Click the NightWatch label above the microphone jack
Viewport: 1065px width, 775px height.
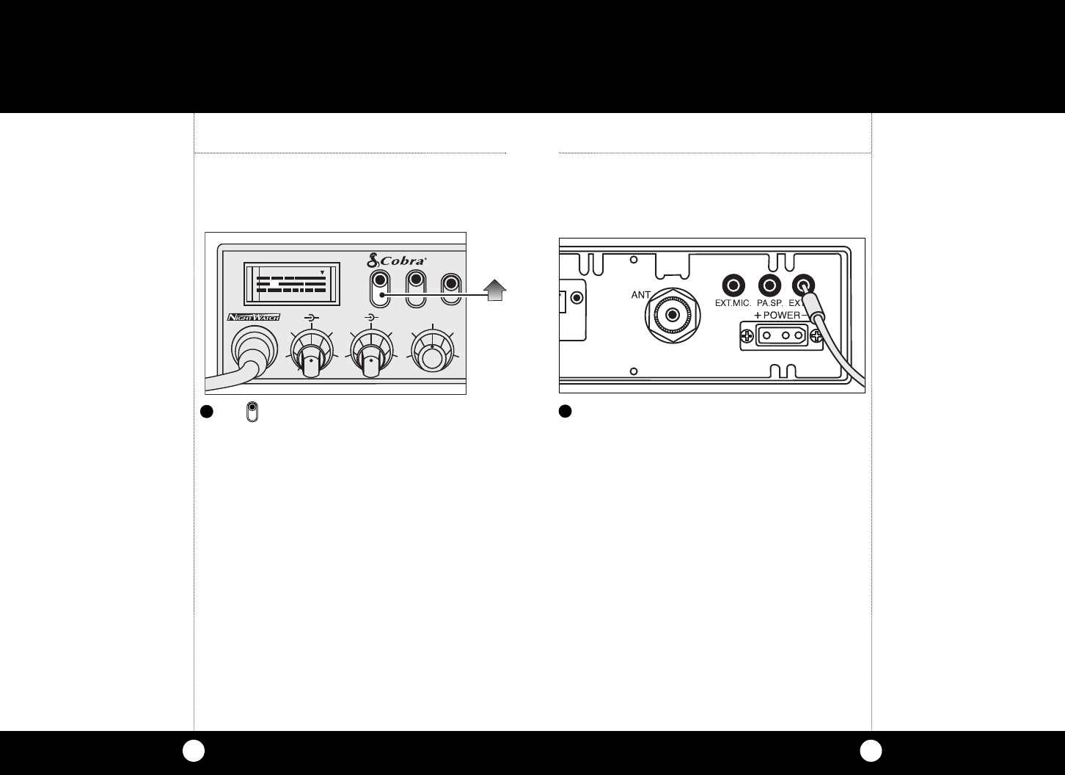[x=253, y=317]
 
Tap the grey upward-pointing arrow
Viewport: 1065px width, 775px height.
[x=496, y=291]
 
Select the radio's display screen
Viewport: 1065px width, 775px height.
[x=292, y=283]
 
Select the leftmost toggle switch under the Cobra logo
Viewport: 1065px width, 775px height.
[x=380, y=289]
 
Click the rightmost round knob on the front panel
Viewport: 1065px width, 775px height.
[x=432, y=356]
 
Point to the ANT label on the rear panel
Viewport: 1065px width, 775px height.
[x=642, y=295]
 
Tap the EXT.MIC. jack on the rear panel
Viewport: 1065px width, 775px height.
[x=733, y=285]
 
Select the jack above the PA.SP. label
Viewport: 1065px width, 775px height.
[x=769, y=285]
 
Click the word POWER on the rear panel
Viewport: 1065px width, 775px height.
[x=781, y=315]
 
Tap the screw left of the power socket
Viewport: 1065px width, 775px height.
[x=747, y=337]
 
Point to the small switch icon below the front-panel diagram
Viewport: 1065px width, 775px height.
[x=252, y=412]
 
